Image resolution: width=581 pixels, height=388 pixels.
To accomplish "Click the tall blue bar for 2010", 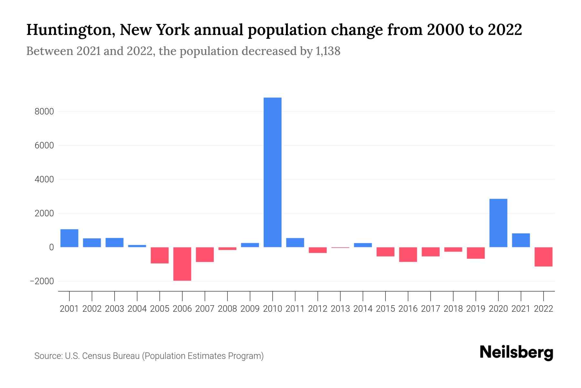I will [272, 172].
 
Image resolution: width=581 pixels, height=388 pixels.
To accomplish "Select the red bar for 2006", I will [182, 264].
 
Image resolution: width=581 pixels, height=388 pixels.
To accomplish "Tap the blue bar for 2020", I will [498, 223].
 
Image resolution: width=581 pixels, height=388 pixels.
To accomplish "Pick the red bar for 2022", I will [543, 257].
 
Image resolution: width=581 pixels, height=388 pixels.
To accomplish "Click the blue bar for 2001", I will [69, 238].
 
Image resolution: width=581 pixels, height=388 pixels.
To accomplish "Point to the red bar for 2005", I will [159, 255].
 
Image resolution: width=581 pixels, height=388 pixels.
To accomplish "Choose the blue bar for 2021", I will [521, 240].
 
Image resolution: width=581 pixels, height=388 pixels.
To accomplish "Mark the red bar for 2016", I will [408, 254].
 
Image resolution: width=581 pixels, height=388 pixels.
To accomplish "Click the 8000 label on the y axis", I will [44, 112].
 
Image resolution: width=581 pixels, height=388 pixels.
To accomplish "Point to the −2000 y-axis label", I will [42, 281].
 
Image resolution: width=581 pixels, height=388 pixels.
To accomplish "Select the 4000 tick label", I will [44, 179].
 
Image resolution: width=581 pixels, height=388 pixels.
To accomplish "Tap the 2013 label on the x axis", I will [340, 309].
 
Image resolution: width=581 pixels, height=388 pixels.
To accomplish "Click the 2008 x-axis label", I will [227, 309].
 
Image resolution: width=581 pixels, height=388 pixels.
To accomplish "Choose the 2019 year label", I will [475, 309].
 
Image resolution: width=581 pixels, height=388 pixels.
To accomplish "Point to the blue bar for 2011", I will [295, 242].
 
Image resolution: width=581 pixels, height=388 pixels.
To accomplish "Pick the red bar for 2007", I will [205, 254].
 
